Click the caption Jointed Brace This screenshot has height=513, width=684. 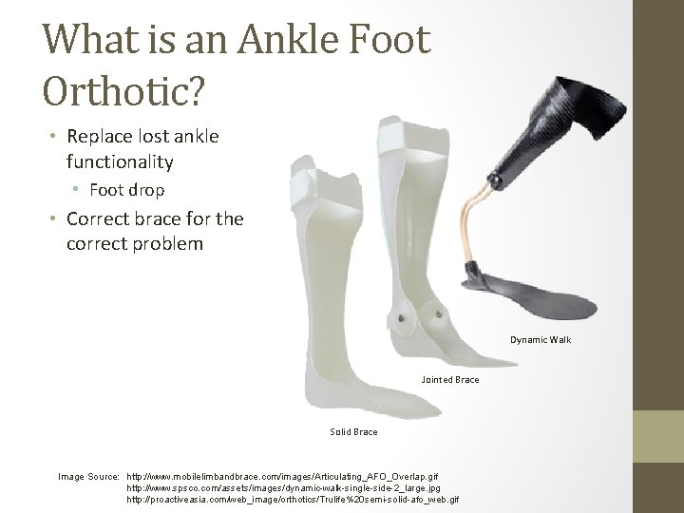[449, 381]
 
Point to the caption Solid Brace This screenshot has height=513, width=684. [353, 432]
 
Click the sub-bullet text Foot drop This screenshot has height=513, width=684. [127, 190]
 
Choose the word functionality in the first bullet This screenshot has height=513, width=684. [120, 161]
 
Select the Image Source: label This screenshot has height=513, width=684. [89, 474]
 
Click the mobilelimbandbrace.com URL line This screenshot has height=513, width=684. [282, 474]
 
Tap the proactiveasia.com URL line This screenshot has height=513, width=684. [293, 500]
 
